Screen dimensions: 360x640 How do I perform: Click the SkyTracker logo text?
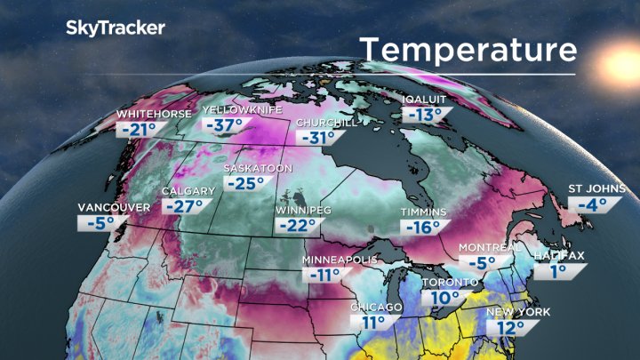tap(116, 28)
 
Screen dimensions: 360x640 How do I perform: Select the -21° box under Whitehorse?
tap(139, 131)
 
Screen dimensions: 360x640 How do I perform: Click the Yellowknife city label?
tap(243, 109)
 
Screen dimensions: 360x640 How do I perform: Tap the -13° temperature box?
tap(423, 115)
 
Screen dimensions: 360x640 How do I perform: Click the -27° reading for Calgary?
tap(184, 206)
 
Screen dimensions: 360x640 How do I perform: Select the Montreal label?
tap(490, 247)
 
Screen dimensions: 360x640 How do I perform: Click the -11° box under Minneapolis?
tap(326, 275)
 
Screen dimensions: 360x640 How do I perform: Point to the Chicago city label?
tap(377, 308)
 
